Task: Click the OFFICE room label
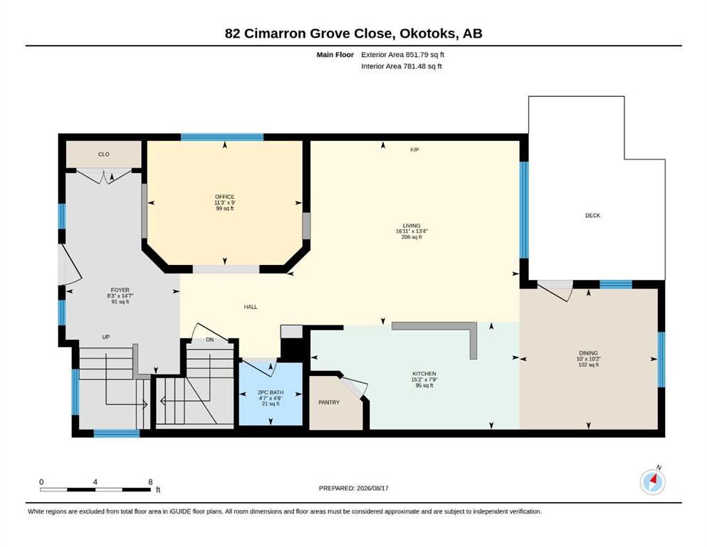pos(224,197)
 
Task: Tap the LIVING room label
pos(412,226)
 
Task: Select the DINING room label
pos(588,353)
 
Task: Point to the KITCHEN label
pos(424,374)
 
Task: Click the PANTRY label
pos(329,402)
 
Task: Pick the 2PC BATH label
pos(271,392)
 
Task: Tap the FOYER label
pos(120,290)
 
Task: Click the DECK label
pos(592,216)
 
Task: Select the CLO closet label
pos(104,155)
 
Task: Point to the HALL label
pos(251,307)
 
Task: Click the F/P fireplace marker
pos(414,150)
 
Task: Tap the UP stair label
pos(106,337)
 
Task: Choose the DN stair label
pos(209,340)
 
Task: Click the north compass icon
pos(652,482)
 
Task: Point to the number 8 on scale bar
pos(151,481)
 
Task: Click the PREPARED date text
pos(353,488)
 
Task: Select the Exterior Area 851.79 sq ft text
pos(403,55)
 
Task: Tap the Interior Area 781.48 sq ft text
pos(402,66)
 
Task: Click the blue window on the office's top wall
pos(222,137)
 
